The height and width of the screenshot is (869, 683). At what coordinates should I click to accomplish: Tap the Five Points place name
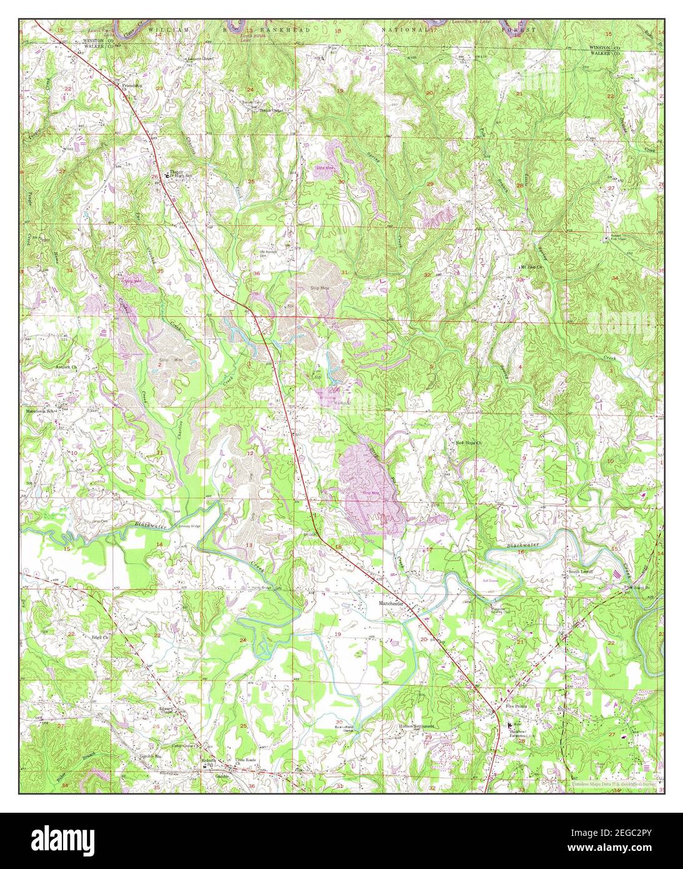516,705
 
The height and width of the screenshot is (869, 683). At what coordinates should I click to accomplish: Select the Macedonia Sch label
40,412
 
